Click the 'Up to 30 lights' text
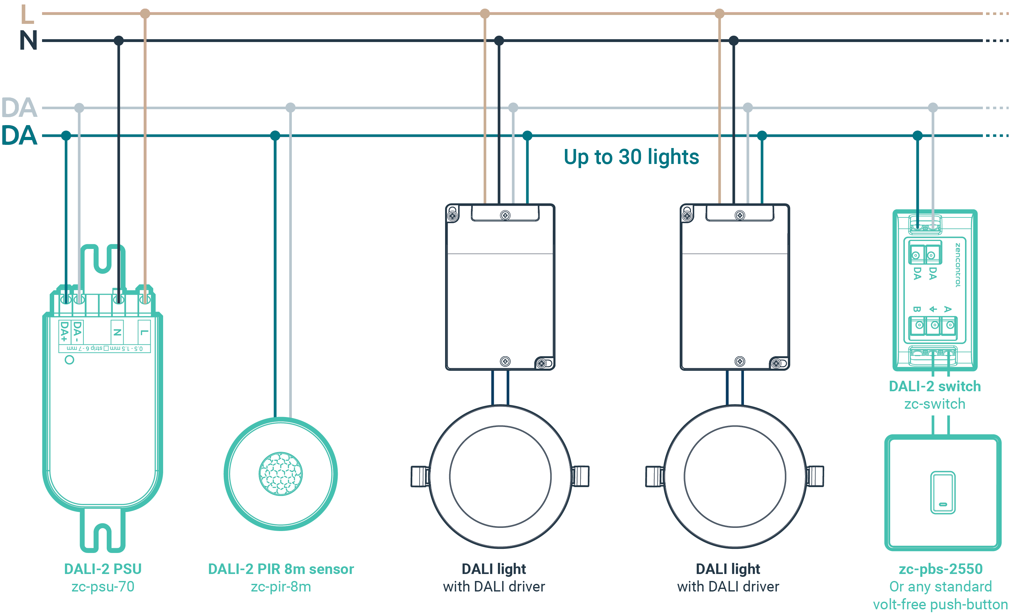tap(631, 158)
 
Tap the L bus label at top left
tap(27, 14)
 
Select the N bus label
tap(29, 40)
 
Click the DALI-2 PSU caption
tap(103, 569)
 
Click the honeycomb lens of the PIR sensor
tap(281, 474)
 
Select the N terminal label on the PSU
tap(117, 332)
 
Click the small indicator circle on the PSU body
tap(70, 360)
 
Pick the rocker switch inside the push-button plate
tap(943, 492)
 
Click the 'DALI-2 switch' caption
tap(935, 386)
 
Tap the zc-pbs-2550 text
tap(941, 569)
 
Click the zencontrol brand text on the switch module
tap(958, 265)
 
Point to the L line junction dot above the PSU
tap(145, 13)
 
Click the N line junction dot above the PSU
tap(119, 40)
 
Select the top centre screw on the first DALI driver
tap(505, 215)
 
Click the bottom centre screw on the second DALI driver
tap(739, 361)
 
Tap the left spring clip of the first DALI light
tap(421, 477)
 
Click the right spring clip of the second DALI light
tap(814, 477)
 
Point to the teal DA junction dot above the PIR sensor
tap(275, 136)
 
